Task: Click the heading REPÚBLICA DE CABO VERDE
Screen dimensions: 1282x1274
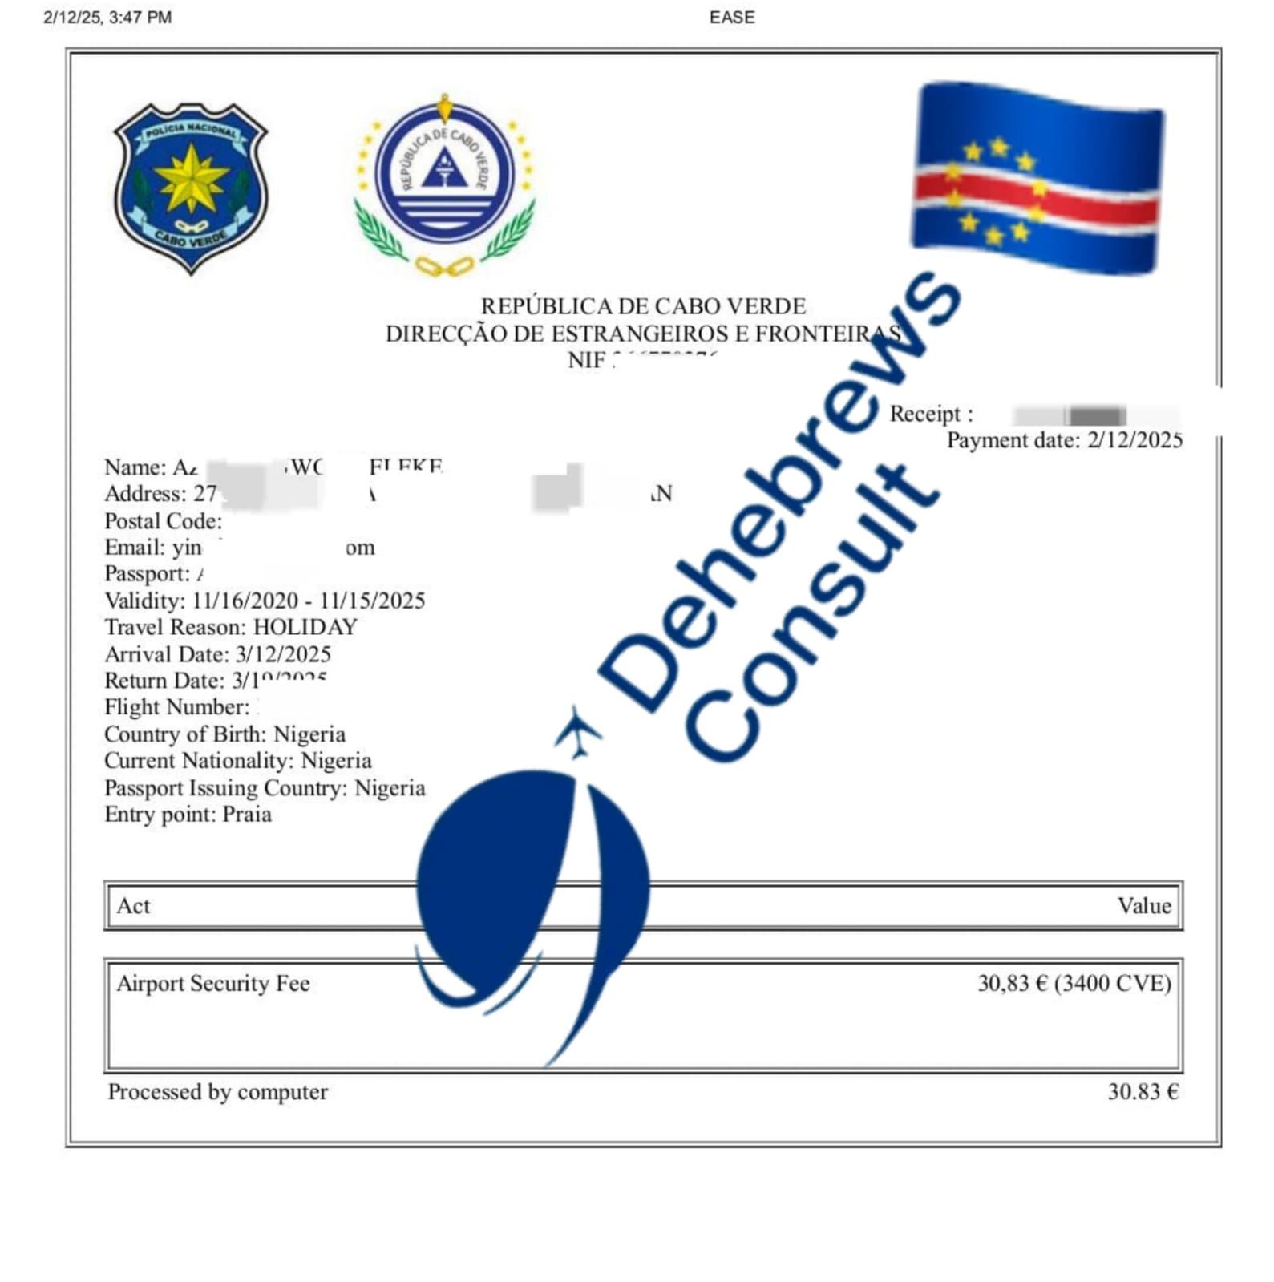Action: tap(643, 306)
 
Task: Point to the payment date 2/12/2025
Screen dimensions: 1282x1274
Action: tap(1134, 440)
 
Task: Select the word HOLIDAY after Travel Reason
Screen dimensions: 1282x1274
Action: tap(305, 627)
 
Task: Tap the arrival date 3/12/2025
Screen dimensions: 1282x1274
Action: tap(283, 654)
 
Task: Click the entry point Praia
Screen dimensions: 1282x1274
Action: tap(247, 815)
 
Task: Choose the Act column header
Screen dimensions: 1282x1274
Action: tap(133, 906)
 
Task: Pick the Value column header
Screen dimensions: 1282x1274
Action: tap(1143, 906)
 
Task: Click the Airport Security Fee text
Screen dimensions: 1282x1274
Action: tap(213, 984)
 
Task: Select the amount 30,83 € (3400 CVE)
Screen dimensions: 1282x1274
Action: tap(1074, 984)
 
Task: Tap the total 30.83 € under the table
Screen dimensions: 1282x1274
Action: tap(1143, 1092)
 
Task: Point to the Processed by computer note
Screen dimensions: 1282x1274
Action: tap(218, 1092)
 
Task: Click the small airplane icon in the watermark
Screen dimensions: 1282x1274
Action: tap(577, 730)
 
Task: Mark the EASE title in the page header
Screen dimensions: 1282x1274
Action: tap(731, 18)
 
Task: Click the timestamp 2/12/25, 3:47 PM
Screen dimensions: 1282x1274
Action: tap(107, 18)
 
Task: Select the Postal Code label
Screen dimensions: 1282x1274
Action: tap(163, 521)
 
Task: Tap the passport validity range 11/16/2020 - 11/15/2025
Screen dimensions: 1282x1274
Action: tap(309, 601)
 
